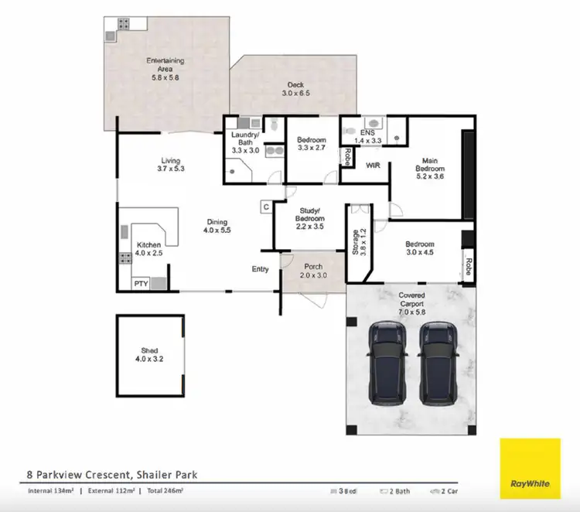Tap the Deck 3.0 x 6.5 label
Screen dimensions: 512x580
295,89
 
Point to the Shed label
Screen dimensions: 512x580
150,355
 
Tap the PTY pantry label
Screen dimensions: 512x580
141,284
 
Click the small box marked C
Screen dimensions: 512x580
265,207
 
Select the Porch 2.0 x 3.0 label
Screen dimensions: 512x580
312,271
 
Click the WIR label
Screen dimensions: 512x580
372,165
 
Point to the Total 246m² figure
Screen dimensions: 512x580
169,491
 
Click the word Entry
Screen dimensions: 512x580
260,269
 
